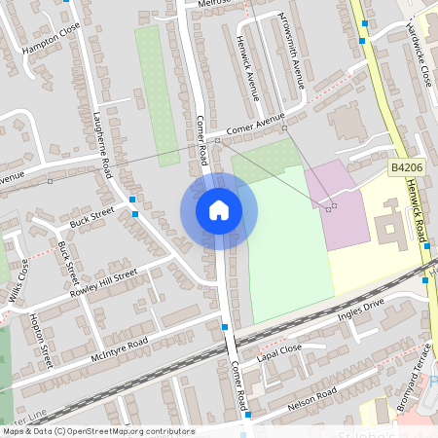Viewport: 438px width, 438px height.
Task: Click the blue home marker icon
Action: [219, 210]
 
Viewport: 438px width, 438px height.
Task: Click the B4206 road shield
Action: [407, 168]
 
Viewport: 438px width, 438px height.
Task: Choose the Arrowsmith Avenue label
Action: [292, 52]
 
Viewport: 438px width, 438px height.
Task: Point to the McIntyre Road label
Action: [118, 350]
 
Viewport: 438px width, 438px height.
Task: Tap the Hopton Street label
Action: [40, 341]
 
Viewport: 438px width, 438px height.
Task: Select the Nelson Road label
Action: [312, 397]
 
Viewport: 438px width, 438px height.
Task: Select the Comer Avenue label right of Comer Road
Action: [255, 125]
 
